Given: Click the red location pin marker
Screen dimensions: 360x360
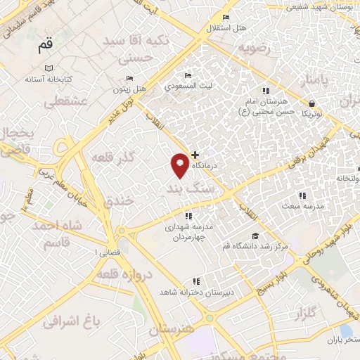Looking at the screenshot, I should [x=180, y=165].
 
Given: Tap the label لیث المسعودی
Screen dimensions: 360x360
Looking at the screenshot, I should [x=187, y=87].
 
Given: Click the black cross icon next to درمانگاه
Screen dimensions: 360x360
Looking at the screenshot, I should [x=195, y=154].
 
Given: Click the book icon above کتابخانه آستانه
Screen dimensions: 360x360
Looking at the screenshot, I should [x=49, y=68].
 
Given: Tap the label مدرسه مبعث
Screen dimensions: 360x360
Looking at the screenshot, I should [x=304, y=206].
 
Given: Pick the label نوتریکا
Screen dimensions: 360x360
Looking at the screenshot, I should [x=312, y=114].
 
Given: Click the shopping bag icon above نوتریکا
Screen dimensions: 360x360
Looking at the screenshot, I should [x=311, y=103].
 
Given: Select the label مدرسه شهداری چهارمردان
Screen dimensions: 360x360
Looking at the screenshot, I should [x=188, y=232].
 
